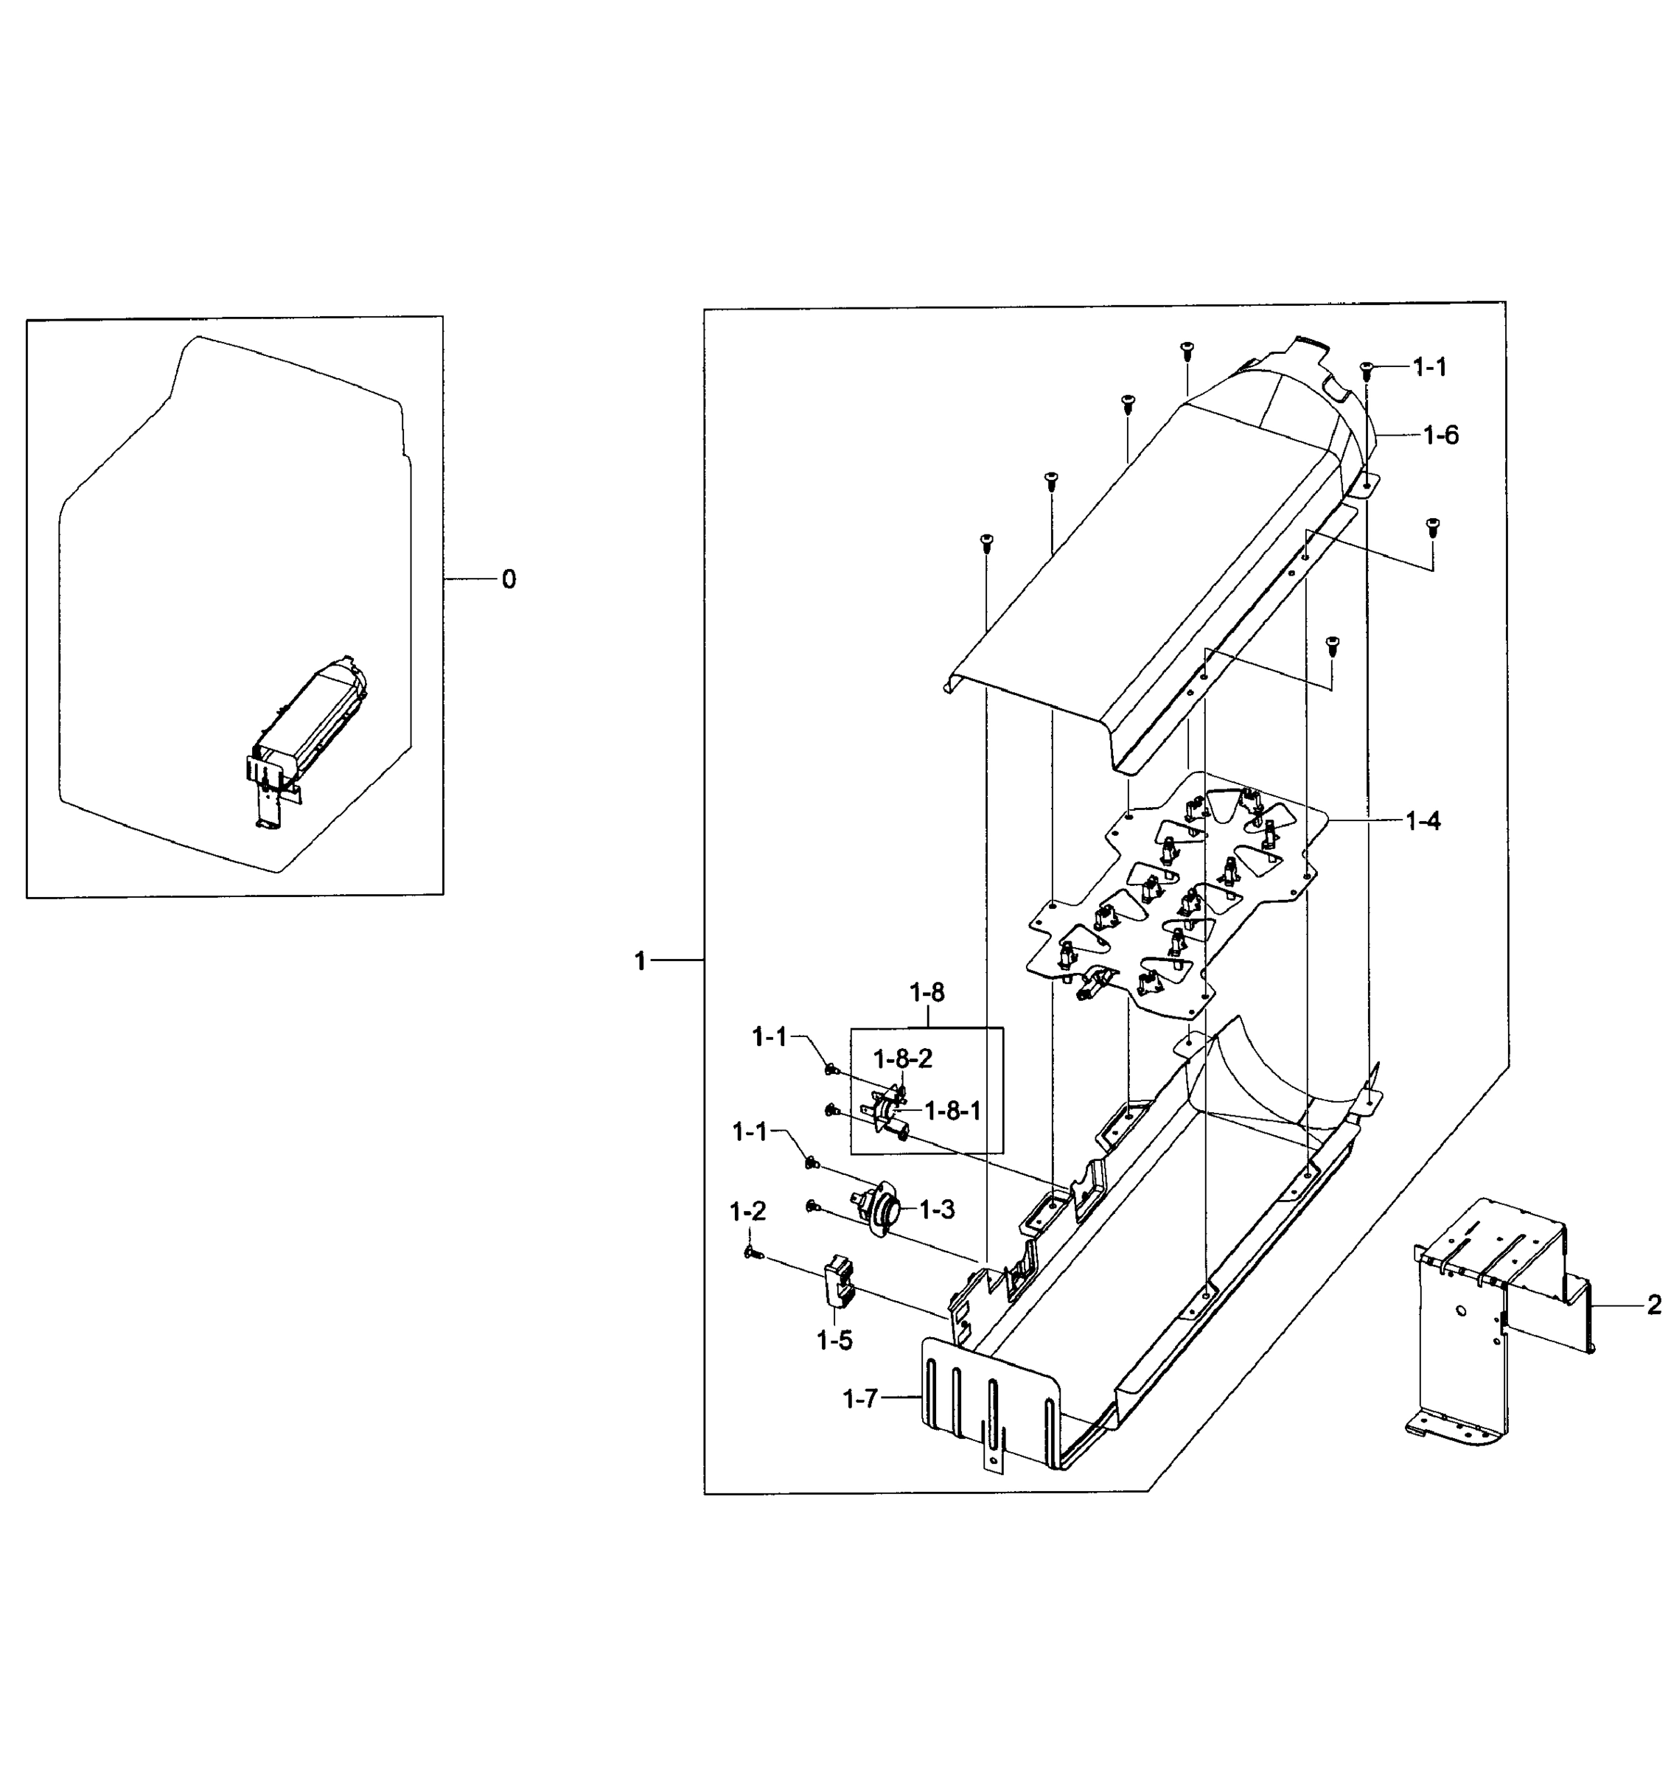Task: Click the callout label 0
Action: (x=508, y=580)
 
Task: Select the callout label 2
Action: (x=1653, y=1306)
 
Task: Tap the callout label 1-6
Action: (x=1440, y=436)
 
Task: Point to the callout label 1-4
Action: (x=1423, y=821)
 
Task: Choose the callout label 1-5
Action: (x=834, y=1340)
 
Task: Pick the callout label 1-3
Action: (x=936, y=1210)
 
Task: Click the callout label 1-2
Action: (x=747, y=1212)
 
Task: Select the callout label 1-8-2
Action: (x=902, y=1059)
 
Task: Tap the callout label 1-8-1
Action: (x=952, y=1111)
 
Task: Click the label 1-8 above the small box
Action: (x=927, y=992)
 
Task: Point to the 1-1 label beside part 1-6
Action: (x=1430, y=367)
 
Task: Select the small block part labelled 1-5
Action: (x=839, y=1283)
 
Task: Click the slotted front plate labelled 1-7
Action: (x=988, y=1406)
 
